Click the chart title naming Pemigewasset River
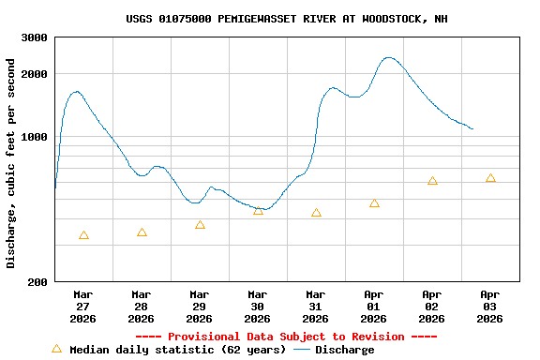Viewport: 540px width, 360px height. point(286,19)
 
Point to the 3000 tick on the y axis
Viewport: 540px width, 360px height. point(36,37)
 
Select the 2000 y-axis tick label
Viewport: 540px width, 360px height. point(36,74)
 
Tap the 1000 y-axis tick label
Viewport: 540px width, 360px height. point(36,137)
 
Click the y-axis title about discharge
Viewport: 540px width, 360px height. point(11,163)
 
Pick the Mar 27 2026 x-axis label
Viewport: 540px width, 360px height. point(83,307)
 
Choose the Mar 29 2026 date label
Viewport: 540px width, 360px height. point(200,307)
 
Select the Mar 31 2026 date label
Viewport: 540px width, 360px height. point(316,307)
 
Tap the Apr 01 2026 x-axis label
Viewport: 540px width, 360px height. point(374,307)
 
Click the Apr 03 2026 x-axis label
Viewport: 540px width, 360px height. point(490,307)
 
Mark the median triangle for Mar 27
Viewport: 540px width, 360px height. point(83,235)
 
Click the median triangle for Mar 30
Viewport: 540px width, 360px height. point(258,211)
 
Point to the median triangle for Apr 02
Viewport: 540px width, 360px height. point(432,181)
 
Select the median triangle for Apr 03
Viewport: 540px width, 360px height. point(490,178)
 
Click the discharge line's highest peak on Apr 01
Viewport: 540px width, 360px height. point(389,57)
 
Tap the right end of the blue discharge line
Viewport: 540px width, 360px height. point(472,129)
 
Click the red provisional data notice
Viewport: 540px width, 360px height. point(286,337)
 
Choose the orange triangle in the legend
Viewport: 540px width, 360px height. point(56,349)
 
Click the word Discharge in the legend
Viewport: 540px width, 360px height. point(344,350)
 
